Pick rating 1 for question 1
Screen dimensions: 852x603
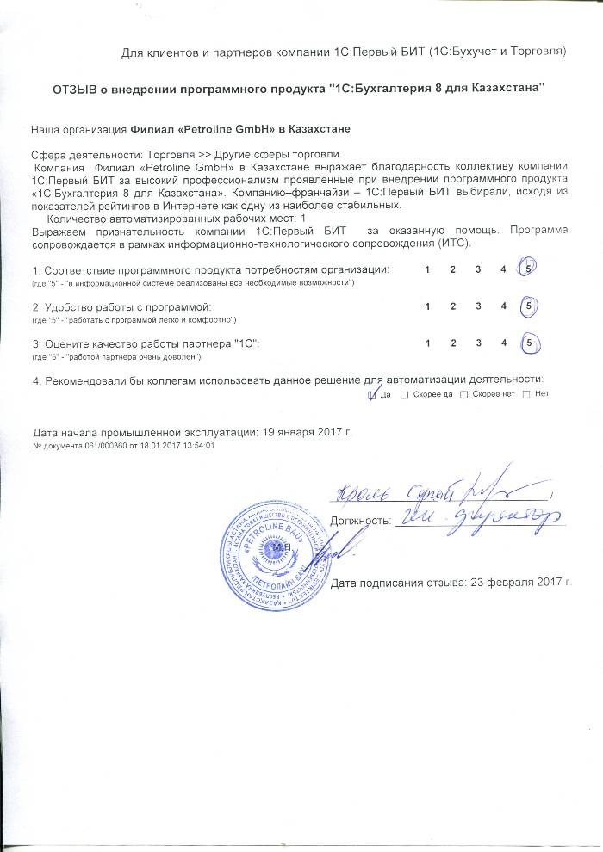coord(428,270)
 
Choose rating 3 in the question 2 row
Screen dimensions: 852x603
coord(477,306)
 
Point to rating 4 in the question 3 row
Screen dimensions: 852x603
coord(503,343)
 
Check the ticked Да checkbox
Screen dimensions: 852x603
coord(372,394)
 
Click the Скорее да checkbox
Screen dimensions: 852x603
coord(405,394)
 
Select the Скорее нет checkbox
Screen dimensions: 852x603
coord(464,394)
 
